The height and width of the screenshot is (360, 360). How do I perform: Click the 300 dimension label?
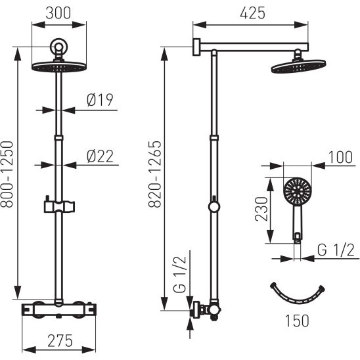click(x=58, y=13)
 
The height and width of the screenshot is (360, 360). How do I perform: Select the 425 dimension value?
click(x=252, y=13)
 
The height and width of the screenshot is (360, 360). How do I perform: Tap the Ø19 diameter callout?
click(x=100, y=100)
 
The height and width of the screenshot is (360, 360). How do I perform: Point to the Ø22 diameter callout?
click(x=100, y=156)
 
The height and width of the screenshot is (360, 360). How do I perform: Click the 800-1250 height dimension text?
click(x=7, y=175)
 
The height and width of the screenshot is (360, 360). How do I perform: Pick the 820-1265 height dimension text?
click(x=155, y=175)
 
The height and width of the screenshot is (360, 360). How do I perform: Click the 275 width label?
click(x=60, y=341)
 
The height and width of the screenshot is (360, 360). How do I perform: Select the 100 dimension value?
click(x=340, y=157)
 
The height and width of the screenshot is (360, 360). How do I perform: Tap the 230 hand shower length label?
click(x=261, y=209)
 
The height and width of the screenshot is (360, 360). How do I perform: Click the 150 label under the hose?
click(x=297, y=321)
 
